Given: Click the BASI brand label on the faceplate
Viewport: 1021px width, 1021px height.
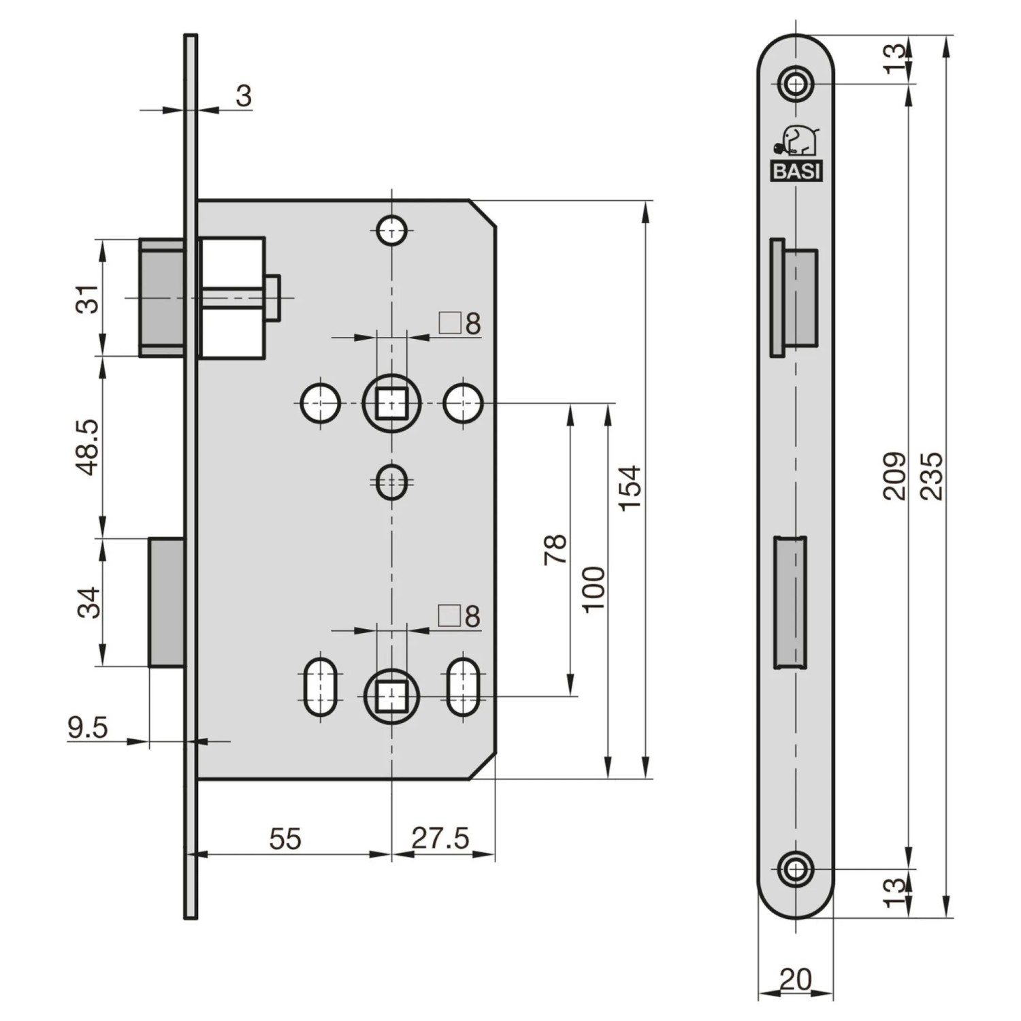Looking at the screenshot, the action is tap(796, 172).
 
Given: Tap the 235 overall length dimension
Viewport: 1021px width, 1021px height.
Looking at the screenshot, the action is tap(932, 476).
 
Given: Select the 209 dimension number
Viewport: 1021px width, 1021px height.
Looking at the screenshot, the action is tap(895, 476).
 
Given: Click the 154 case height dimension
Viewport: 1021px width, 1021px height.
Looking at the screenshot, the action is tap(630, 487).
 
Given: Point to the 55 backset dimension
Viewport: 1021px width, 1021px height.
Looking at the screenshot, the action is tap(285, 839).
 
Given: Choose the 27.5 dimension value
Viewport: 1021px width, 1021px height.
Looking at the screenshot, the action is tap(440, 839).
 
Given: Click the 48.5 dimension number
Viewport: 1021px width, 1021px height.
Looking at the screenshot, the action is tap(88, 447).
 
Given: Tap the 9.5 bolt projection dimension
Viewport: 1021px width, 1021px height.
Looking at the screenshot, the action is tap(88, 728).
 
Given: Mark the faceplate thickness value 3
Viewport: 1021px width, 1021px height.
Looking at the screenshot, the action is tap(244, 96).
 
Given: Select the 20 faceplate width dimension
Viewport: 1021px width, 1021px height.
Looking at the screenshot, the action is tap(795, 979).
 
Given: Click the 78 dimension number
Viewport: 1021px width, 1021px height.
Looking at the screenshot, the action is tap(555, 549).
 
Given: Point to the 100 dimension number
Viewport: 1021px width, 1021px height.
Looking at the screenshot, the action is tap(594, 589).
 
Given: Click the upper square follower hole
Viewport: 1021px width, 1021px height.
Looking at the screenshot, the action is tap(391, 403).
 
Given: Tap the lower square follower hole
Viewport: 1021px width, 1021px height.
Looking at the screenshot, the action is tap(391, 696).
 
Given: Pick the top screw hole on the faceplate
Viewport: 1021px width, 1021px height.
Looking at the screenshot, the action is tap(796, 84).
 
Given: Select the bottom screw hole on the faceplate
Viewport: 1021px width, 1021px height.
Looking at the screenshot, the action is tap(796, 869).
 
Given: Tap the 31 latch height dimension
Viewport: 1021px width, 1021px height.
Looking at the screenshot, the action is tap(88, 298).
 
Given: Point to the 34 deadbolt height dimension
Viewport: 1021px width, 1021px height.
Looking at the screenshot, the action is tap(88, 602).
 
